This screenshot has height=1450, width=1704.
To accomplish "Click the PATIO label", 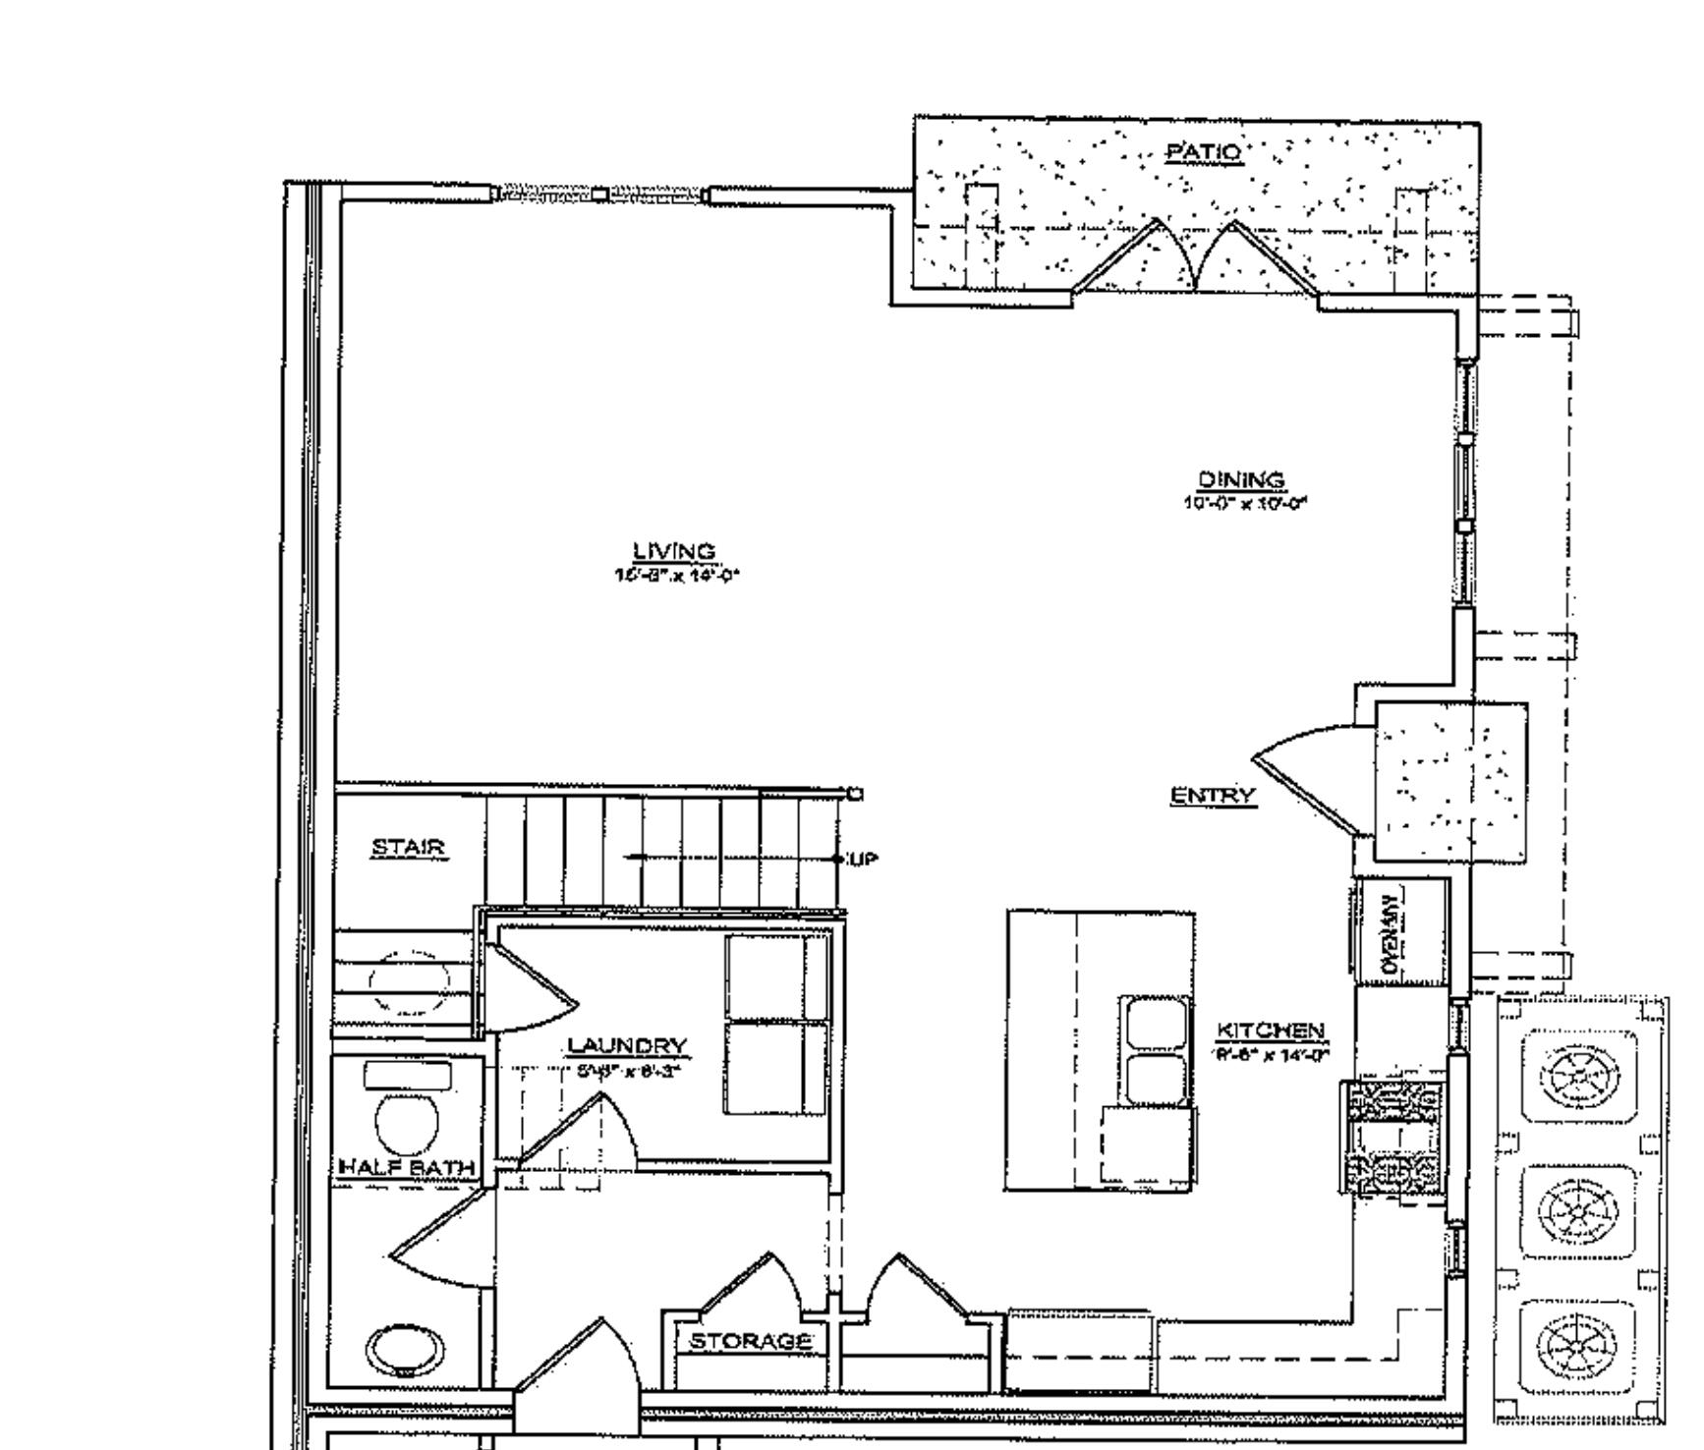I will pos(1203,152).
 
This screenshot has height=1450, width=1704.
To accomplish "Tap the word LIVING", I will pos(673,551).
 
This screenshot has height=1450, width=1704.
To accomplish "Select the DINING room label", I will pos(1241,479).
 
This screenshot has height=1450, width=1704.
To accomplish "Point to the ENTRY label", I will pos(1213,795).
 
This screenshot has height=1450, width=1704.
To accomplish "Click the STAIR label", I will pos(409,847).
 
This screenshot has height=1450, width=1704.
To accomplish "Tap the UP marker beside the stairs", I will pos(862,860).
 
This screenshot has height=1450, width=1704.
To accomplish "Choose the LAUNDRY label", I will pos(627,1045).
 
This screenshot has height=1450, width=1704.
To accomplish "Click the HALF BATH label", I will pos(406,1168).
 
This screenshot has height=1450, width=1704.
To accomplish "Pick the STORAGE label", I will pos(750,1341).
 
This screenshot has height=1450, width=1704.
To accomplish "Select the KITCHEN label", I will pos(1271,1031).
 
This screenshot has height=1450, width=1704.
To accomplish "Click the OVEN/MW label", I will pos(1391,933).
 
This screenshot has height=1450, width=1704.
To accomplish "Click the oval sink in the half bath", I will pos(403,1350).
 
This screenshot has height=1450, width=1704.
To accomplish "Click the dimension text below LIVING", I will pos(675,576).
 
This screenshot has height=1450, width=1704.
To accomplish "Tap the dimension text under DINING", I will pos(1245,503).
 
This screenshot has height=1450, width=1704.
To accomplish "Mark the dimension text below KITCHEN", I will pos(1272,1055).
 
